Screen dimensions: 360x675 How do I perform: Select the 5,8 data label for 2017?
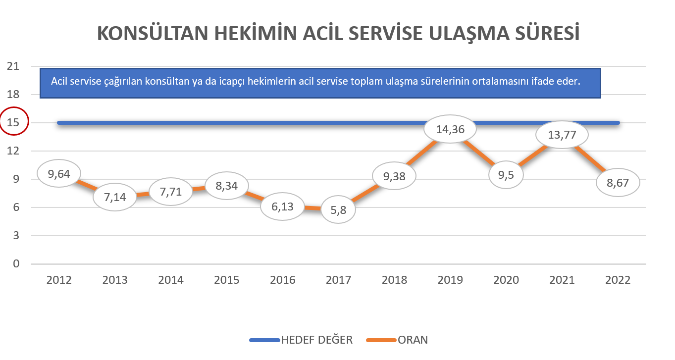[x=338, y=210]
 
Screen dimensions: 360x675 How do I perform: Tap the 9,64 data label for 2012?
[x=58, y=173]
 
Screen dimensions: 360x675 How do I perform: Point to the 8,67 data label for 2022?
[x=618, y=183]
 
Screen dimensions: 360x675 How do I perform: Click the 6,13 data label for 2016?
[x=282, y=206]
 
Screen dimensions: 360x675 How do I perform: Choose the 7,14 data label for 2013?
[x=115, y=197]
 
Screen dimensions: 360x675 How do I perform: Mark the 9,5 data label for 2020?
[x=506, y=175]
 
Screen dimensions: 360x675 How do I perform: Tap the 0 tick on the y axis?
[x=16, y=263]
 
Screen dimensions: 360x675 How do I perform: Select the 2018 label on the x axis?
[x=394, y=280]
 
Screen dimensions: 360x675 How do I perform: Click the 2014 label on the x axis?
[x=171, y=280]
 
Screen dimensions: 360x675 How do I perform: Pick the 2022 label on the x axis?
[x=618, y=280]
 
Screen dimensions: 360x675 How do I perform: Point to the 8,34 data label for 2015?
[x=227, y=185]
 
